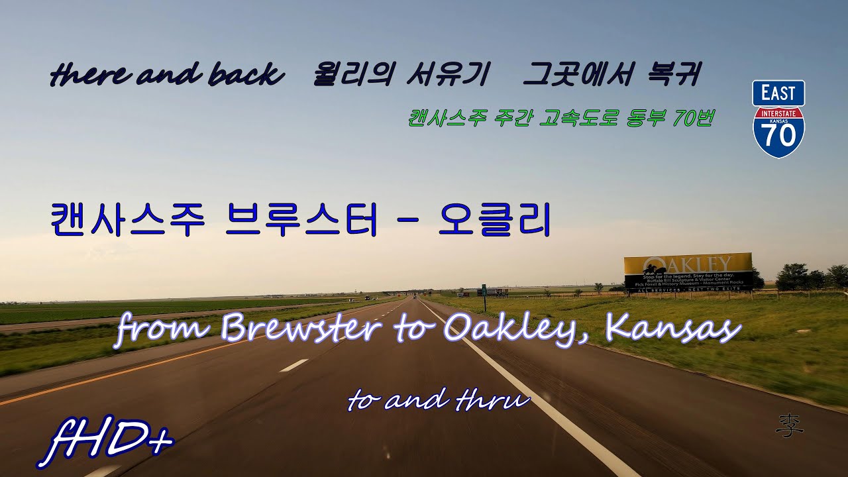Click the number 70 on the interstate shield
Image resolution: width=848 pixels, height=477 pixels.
pyautogui.click(x=778, y=138)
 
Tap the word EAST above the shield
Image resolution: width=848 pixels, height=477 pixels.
pyautogui.click(x=778, y=93)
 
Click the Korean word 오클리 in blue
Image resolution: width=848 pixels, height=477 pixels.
pyautogui.click(x=495, y=221)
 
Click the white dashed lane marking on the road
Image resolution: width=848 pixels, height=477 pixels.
pyautogui.click(x=293, y=365)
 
